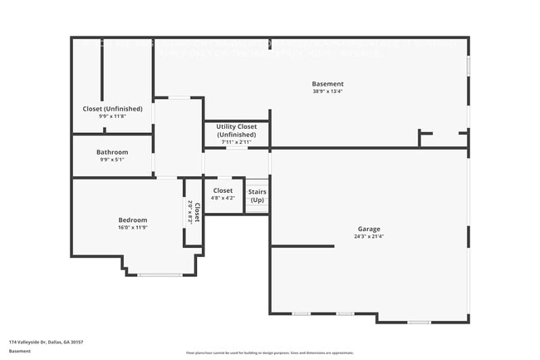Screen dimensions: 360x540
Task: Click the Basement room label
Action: point(327,84)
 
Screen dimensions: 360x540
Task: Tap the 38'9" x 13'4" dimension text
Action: point(327,91)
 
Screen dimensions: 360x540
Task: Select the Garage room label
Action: point(369,229)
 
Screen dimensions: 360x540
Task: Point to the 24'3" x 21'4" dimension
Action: point(369,236)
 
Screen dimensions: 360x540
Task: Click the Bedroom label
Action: point(132,219)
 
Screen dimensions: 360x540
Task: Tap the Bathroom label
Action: point(112,152)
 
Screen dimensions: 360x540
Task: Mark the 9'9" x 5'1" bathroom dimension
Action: point(112,160)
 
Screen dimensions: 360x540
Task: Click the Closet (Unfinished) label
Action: point(112,109)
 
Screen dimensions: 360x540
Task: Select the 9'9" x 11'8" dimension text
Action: point(112,116)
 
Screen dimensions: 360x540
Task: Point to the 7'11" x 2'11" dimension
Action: point(237,142)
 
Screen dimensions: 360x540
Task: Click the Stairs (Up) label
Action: point(258,196)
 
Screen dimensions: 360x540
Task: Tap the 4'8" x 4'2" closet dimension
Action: point(223,198)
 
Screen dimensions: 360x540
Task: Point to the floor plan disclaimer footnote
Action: point(269,353)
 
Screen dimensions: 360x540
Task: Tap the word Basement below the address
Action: point(20,351)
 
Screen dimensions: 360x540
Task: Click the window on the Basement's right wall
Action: point(468,65)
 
